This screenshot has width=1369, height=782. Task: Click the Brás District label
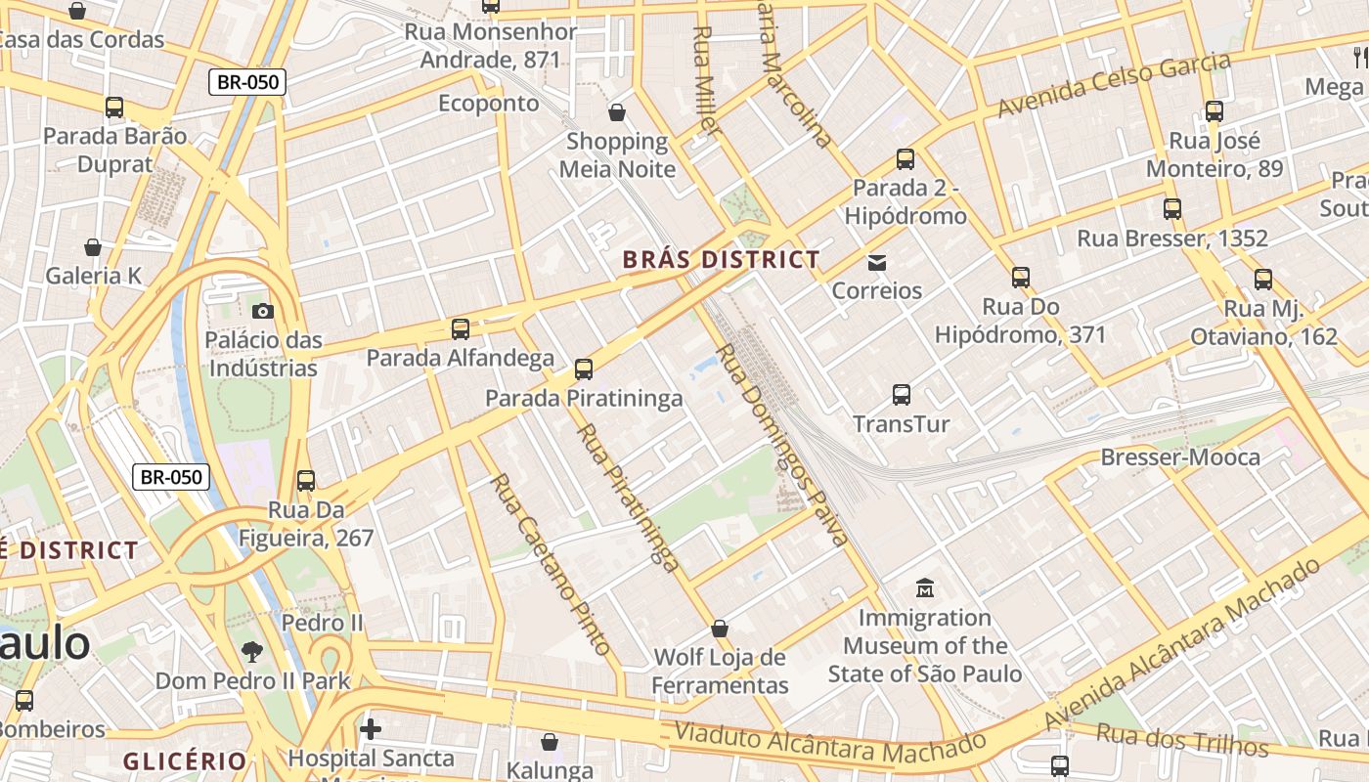coord(722,260)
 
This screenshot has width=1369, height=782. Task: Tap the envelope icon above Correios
coord(876,262)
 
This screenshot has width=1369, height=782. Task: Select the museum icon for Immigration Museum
coord(924,588)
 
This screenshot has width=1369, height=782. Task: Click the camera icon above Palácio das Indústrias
coord(262,311)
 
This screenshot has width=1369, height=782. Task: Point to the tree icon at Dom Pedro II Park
coord(252,651)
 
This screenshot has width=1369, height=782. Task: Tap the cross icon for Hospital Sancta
coord(370,728)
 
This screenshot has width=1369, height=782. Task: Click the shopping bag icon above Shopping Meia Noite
coord(617,112)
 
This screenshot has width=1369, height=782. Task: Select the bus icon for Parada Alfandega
coord(460,329)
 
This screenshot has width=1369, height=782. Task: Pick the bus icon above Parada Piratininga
coord(584,369)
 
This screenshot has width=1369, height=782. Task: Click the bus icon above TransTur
coord(901,395)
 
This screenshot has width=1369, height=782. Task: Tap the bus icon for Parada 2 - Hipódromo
coord(905,158)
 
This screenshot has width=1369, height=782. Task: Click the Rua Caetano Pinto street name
coord(550,564)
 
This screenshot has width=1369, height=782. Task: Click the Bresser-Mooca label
coord(1180,457)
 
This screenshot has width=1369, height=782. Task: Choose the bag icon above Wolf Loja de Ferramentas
coord(720,628)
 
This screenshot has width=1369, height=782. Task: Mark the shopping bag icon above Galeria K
coord(93,247)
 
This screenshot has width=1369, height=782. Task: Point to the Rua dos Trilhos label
coord(1181,740)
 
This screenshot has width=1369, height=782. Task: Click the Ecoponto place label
coord(488,104)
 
